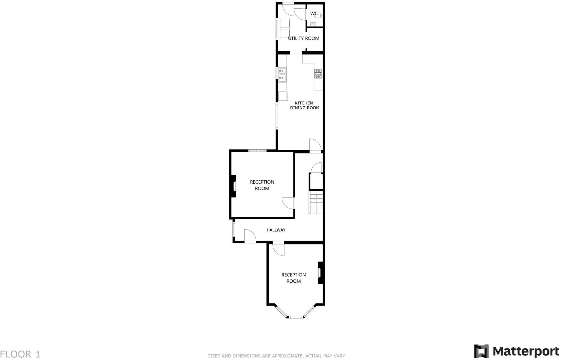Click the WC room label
coord(314,14)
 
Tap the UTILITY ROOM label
coord(304,38)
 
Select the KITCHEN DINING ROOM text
coord(304,105)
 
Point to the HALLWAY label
coord(276,230)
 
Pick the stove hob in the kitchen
coord(318,74)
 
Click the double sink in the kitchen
coord(282,74)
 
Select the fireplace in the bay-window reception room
coord(320,273)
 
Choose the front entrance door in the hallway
coord(250,236)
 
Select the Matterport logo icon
coord(481,351)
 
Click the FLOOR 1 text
coord(20,354)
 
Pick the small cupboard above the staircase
coord(316,181)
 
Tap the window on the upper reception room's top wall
coord(257,150)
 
